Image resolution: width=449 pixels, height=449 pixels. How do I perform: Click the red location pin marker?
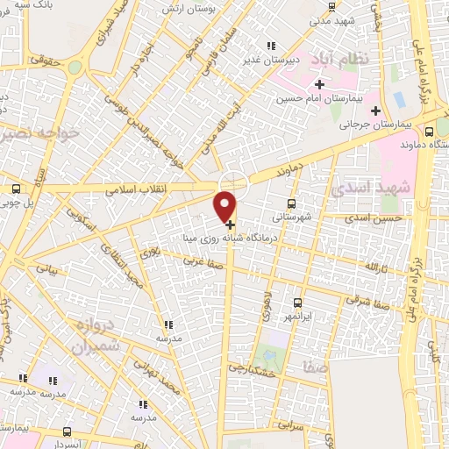(x=225, y=205)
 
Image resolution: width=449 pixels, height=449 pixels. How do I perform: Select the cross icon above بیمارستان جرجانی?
(x=376, y=110)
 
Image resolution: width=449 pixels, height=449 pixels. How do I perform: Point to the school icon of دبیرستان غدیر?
(x=271, y=46)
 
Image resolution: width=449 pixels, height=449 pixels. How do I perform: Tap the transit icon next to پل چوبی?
(x=16, y=189)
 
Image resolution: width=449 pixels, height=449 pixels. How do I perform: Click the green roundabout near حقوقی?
(x=75, y=67)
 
